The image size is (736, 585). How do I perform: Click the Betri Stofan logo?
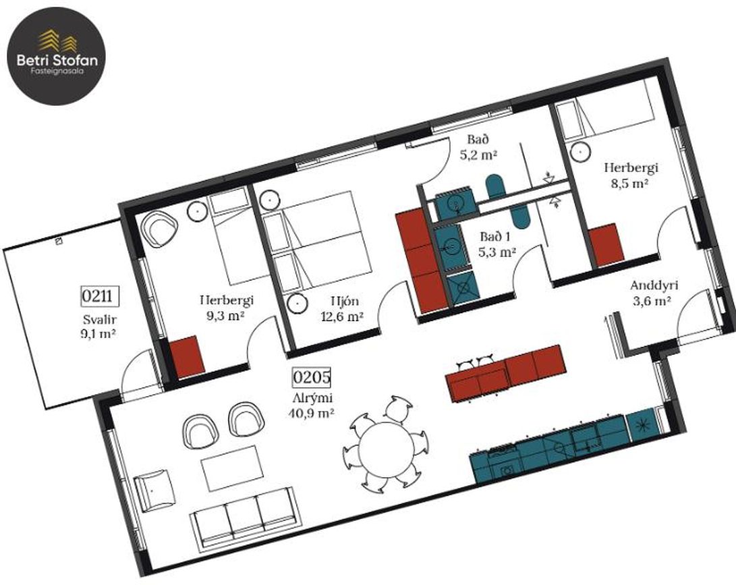pyautogui.click(x=56, y=56)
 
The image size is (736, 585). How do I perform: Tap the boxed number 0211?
pyautogui.click(x=98, y=296)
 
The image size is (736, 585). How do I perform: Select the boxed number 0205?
pyautogui.click(x=312, y=377)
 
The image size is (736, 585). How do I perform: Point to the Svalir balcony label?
pyautogui.click(x=100, y=321)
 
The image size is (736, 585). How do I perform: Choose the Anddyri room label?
pyautogui.click(x=654, y=285)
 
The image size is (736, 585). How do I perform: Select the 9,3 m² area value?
pyautogui.click(x=226, y=316)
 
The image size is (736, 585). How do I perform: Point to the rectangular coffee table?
pyautogui.click(x=231, y=468)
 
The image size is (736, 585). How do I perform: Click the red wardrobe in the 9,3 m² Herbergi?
pyautogui.click(x=188, y=355)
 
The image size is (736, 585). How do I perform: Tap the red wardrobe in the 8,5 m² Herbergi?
pyautogui.click(x=606, y=245)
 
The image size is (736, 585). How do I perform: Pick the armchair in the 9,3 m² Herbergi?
pyautogui.click(x=160, y=228)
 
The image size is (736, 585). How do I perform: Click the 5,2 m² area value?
pyautogui.click(x=478, y=155)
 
